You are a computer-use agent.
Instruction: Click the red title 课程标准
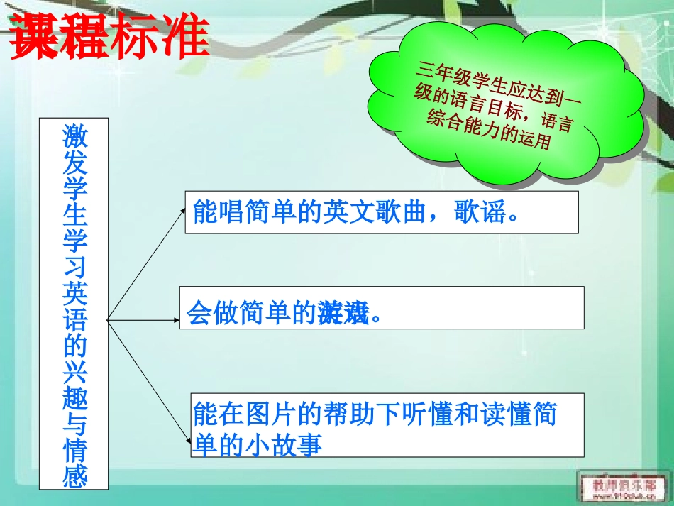tap(109, 37)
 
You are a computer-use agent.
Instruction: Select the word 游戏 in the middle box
tap(344, 312)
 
